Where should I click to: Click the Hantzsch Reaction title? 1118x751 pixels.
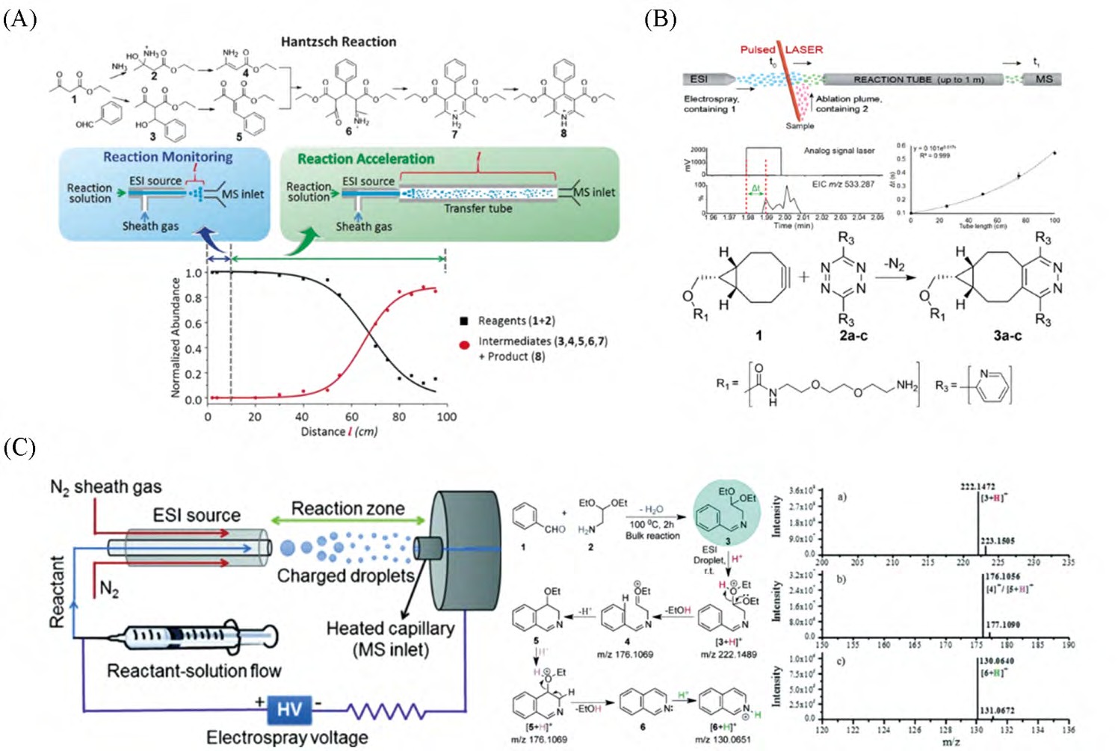339,42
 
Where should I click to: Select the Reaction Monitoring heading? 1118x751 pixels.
167,157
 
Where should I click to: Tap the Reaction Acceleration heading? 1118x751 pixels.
365,159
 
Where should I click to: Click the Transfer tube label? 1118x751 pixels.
478,208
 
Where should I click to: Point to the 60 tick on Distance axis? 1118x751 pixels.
351,416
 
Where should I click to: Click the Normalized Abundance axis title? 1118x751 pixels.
176,337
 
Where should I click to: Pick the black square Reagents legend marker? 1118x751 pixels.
463,321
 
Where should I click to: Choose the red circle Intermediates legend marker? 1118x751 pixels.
464,344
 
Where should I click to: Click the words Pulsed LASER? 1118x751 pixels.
781,49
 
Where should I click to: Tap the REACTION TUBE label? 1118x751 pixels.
918,79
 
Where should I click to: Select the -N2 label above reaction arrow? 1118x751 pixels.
894,265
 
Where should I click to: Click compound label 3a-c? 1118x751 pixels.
1007,336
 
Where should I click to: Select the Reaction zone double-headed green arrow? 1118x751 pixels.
348,521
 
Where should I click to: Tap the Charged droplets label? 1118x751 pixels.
345,576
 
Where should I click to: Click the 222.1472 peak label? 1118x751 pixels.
978,486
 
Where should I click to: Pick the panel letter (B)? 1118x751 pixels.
660,19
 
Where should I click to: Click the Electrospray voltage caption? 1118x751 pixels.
287,738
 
